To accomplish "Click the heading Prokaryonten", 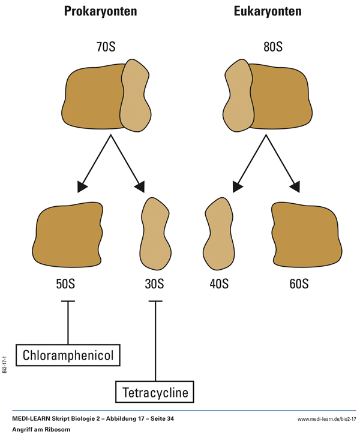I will coord(109,13).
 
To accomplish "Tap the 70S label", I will coord(109,46).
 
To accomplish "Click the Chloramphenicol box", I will coord(68,355).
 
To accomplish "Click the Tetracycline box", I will coord(155,393).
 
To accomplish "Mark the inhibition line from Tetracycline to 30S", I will coord(155,342).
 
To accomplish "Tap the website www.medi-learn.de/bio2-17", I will coord(326,417).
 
